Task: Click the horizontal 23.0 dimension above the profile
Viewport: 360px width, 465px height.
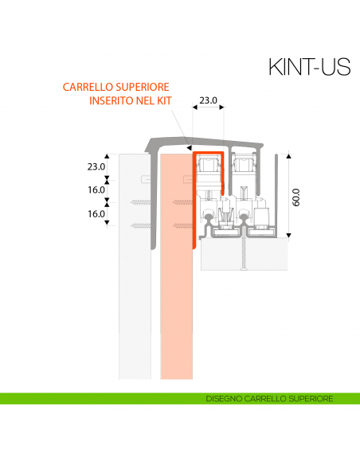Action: coord(208,101)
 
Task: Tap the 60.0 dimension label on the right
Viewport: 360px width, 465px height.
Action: coord(295,197)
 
